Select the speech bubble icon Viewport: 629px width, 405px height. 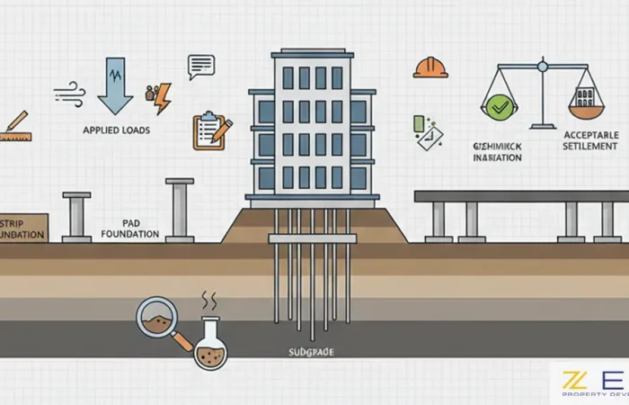coord(200,66)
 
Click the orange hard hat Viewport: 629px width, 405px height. coord(430,67)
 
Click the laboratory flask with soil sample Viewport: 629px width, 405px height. coord(211,345)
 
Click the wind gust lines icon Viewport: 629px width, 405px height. coord(71,92)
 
